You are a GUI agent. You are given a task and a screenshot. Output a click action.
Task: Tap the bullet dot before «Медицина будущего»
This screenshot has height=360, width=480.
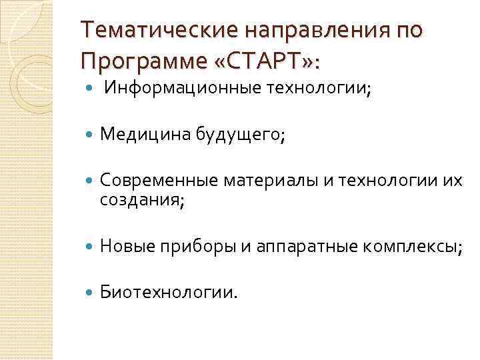point(89,136)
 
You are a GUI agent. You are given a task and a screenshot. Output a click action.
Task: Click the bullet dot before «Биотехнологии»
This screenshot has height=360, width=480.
point(89,292)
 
